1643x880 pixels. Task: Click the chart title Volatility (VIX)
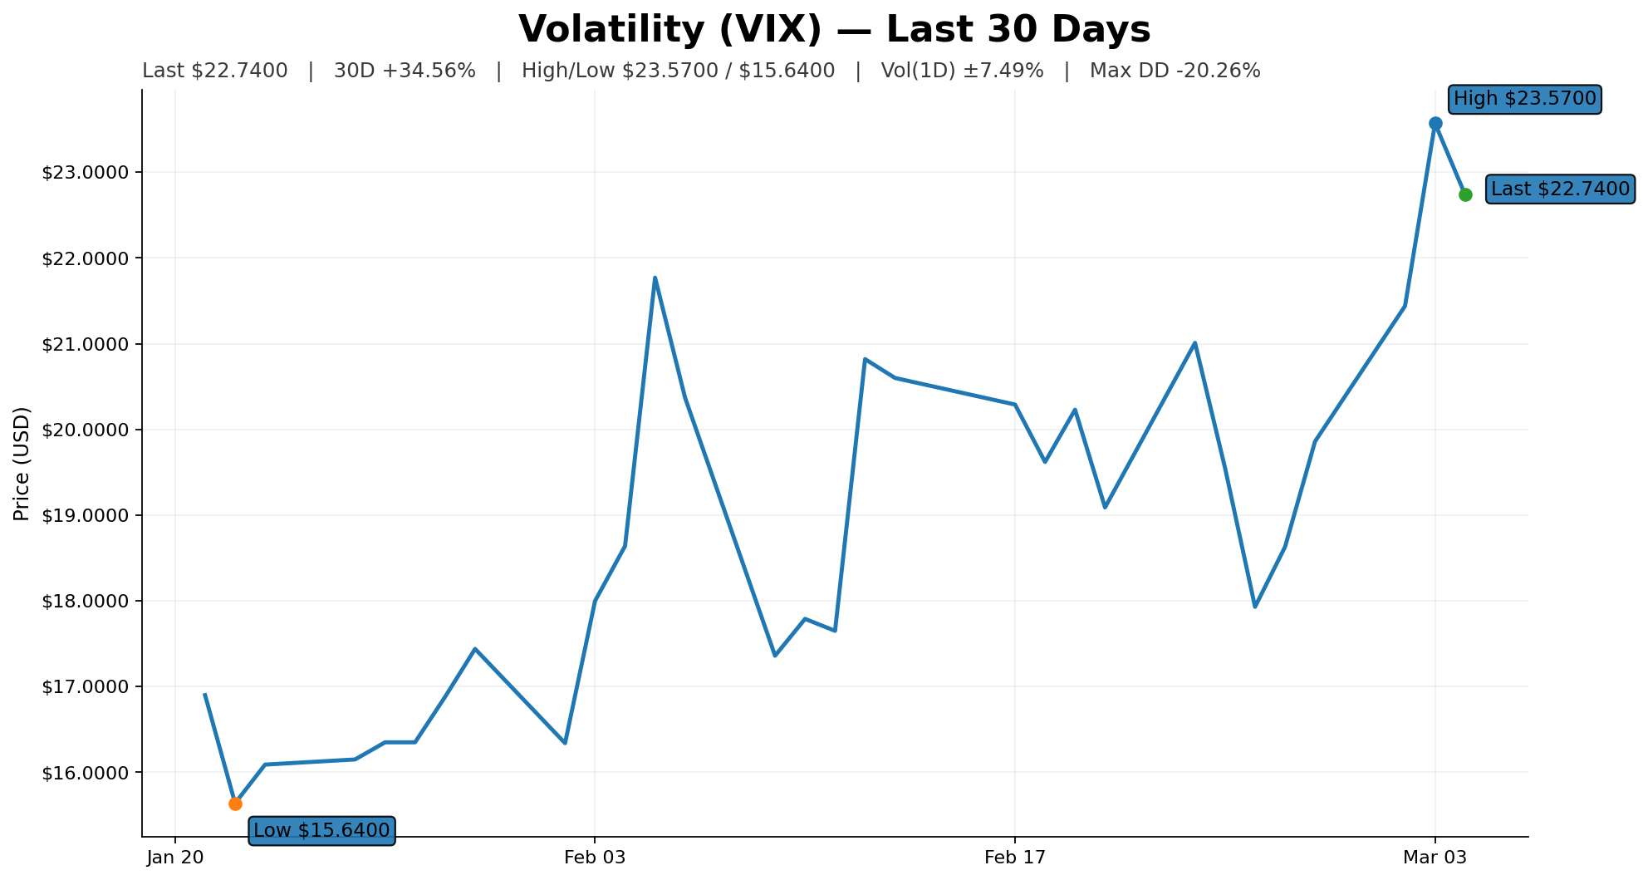[834, 30]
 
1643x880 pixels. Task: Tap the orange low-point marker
[235, 804]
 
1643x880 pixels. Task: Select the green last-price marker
[1465, 194]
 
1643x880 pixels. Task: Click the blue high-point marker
[1435, 123]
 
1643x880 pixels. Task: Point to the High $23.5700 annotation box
[1524, 99]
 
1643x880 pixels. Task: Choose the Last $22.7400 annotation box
[1560, 189]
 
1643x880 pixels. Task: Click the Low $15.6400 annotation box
[321, 830]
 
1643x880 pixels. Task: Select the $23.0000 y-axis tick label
[86, 173]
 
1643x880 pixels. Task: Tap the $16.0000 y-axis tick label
[86, 773]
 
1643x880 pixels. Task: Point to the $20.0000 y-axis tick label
[86, 430]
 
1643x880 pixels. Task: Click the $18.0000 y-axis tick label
[86, 602]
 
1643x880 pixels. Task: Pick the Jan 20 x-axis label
[175, 858]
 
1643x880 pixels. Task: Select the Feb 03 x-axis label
[595, 858]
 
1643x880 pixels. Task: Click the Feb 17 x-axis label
[1015, 858]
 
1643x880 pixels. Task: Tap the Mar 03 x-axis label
[1435, 858]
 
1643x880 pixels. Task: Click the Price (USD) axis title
[22, 464]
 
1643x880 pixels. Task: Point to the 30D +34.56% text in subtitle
[405, 71]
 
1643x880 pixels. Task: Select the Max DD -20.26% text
[1175, 71]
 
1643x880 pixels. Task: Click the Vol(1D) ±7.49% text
[962, 71]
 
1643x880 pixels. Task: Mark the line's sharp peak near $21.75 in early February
[655, 278]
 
